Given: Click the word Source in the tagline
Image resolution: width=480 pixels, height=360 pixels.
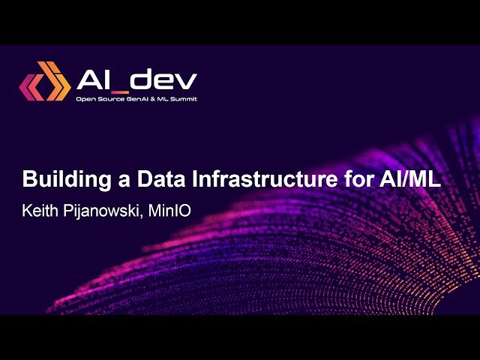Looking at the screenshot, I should pyautogui.click(x=109, y=99).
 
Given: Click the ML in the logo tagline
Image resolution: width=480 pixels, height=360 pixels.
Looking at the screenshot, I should pyautogui.click(x=166, y=99).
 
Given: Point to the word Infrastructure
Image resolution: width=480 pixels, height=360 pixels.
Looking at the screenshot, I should pyautogui.click(x=238, y=181).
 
